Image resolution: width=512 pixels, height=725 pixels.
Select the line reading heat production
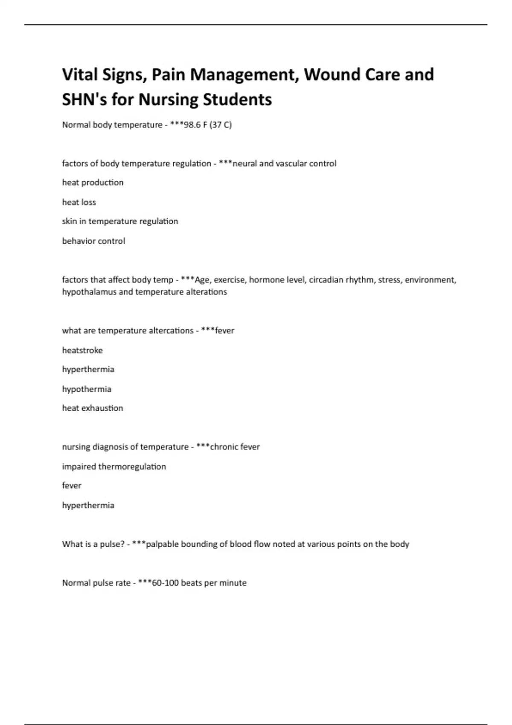(93, 183)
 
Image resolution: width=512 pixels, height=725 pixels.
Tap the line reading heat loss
(79, 202)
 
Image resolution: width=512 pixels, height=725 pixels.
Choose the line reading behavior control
(93, 241)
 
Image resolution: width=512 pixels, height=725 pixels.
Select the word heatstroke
(82, 350)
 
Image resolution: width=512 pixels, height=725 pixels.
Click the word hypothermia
(87, 389)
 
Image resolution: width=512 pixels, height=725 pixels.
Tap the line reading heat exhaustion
(93, 408)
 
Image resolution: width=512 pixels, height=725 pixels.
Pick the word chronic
(224, 447)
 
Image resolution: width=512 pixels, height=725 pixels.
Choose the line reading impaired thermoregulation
(114, 467)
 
